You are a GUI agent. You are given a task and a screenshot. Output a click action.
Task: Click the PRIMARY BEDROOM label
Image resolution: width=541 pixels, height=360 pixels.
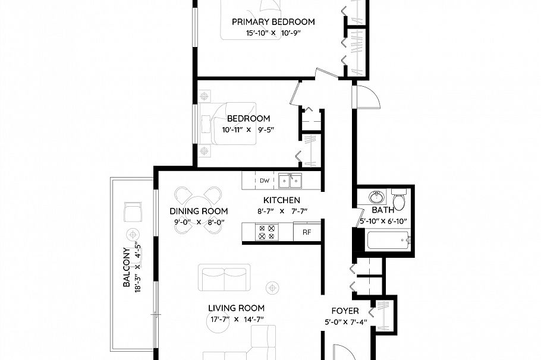pyautogui.click(x=273, y=22)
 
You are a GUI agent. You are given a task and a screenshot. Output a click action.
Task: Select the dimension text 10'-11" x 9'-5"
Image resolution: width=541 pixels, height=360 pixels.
pyautogui.click(x=248, y=130)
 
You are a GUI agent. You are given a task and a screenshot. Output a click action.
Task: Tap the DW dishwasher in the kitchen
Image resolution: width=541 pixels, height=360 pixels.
pyautogui.click(x=265, y=181)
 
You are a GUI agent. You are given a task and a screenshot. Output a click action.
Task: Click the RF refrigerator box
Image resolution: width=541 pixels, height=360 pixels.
pyautogui.click(x=307, y=232)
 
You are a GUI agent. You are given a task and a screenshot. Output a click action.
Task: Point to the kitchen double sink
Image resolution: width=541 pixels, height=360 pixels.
pyautogui.click(x=291, y=180)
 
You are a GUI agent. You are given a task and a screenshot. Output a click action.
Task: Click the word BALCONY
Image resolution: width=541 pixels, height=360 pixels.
pyautogui.click(x=127, y=267)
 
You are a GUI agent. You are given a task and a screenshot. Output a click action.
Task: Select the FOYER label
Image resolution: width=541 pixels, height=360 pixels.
pyautogui.click(x=345, y=311)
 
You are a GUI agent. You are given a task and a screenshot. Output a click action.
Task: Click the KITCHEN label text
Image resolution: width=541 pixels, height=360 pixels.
pyautogui.click(x=282, y=200)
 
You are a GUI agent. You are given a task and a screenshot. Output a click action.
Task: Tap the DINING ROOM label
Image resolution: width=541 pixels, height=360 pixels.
pyautogui.click(x=199, y=211)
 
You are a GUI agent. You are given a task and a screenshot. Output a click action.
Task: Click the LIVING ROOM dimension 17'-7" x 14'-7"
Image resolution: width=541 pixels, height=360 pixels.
pyautogui.click(x=236, y=319)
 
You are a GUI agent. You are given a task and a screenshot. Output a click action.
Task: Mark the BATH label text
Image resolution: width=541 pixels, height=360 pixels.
pyautogui.click(x=383, y=210)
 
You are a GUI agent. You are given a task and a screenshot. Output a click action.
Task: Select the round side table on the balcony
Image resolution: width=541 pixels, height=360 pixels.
pyautogui.click(x=132, y=233)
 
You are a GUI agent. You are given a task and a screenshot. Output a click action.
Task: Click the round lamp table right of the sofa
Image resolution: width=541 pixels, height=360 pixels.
pyautogui.click(x=272, y=288)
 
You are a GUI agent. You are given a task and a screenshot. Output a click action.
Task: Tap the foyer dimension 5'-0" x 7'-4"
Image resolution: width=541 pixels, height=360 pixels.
pyautogui.click(x=345, y=323)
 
